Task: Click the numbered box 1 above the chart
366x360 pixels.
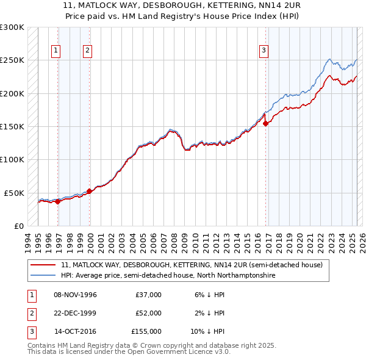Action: click(x=56, y=51)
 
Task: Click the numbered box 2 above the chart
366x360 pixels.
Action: click(x=88, y=51)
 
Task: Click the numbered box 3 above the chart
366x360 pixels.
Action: click(x=264, y=51)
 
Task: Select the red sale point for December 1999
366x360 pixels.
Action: click(x=90, y=191)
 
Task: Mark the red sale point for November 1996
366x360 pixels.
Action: click(x=58, y=201)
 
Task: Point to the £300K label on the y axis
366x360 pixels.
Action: click(x=12, y=27)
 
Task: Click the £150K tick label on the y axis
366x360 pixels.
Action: click(x=12, y=126)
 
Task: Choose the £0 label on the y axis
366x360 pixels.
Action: click(x=18, y=226)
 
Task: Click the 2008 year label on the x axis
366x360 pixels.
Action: click(x=174, y=240)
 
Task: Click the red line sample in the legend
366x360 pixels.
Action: click(x=43, y=265)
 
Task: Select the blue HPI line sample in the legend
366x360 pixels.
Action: click(x=43, y=275)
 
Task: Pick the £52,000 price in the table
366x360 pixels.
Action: click(x=149, y=313)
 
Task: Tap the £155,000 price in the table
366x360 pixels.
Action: click(x=147, y=331)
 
